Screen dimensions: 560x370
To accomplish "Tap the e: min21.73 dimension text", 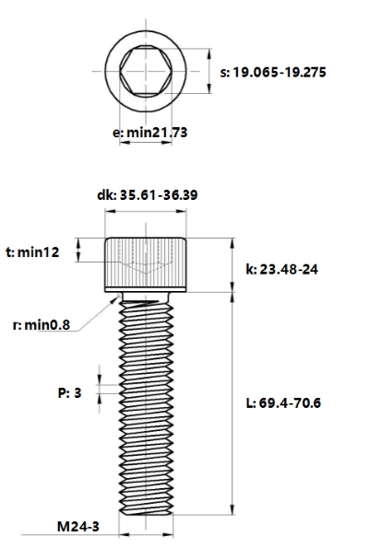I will [x=149, y=133].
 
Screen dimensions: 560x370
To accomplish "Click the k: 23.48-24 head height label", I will [x=284, y=269].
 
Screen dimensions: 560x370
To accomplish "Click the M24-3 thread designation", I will [x=78, y=527].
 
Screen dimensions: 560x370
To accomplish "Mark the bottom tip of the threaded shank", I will [x=148, y=511].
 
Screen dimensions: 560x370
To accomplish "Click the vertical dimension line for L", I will [x=231, y=403].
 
